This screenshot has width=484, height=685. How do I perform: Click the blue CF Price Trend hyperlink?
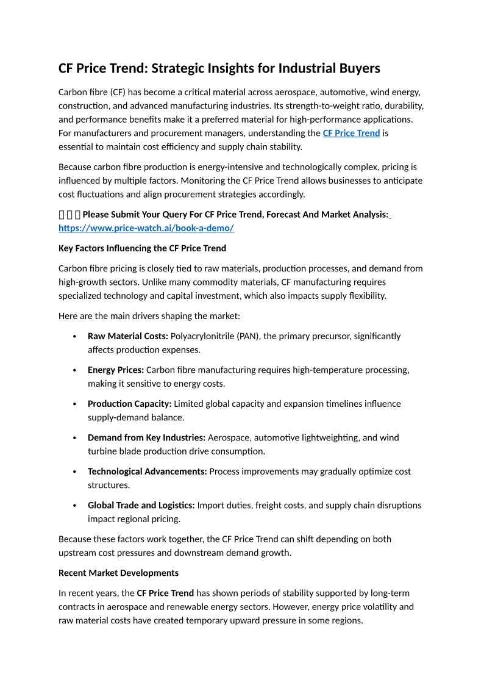[351, 133]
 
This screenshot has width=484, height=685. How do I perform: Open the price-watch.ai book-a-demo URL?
[146, 228]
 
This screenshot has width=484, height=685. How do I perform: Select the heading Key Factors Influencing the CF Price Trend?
[142, 248]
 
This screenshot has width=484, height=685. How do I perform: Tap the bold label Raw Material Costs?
[128, 336]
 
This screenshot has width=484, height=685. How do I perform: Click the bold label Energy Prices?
[116, 370]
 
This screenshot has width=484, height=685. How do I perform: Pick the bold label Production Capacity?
[130, 404]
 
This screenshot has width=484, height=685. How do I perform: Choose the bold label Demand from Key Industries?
[146, 437]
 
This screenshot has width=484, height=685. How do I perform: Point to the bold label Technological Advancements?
[148, 472]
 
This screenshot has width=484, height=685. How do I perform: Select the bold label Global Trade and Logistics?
[141, 505]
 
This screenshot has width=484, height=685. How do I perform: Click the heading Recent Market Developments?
[118, 573]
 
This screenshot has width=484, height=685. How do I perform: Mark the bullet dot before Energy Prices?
[74, 371]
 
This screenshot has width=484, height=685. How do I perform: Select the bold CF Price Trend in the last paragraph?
[165, 593]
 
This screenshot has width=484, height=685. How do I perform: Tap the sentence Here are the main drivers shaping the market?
[149, 316]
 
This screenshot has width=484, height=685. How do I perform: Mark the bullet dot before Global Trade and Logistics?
[74, 506]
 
